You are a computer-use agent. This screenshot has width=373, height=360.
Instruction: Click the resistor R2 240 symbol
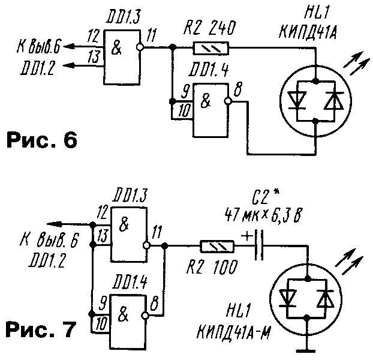(x=209, y=47)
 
